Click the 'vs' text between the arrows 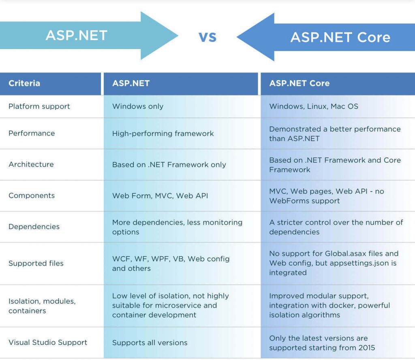coord(207,37)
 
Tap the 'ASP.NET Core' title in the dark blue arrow coord(340,37)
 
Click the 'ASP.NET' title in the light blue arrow coord(77,35)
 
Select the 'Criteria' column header coord(24,84)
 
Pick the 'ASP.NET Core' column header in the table coord(299,84)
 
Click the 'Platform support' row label coord(39,106)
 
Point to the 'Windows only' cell coord(138,106)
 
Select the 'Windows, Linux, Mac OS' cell coord(314,106)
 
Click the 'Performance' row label coord(32,133)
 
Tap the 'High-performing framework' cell coord(163,133)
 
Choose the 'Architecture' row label coord(31,164)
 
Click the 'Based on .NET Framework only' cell coord(169,165)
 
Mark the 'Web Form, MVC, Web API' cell coord(160,196)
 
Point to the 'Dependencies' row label coord(34,227)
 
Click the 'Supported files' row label coord(36,264)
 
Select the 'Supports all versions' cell coord(150,343)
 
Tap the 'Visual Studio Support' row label coord(48,343)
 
